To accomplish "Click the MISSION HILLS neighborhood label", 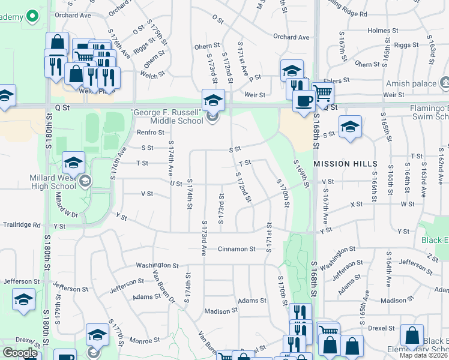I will click(345, 164).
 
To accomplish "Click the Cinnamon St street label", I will click(237, 249).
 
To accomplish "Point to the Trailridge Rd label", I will click(20, 225).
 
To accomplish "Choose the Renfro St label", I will click(150, 133).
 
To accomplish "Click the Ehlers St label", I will click(337, 80).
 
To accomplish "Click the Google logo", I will click(20, 353).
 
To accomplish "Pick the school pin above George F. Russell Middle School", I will click(213, 100).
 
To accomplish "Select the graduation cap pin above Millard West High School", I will click(74, 162).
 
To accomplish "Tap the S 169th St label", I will click(301, 174).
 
